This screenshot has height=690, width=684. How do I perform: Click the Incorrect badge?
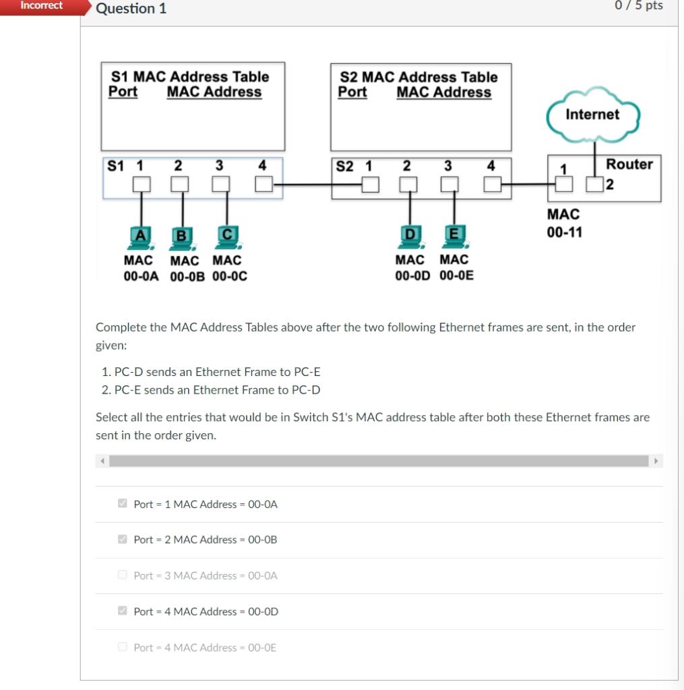click(41, 6)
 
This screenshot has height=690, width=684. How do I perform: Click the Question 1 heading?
click(131, 9)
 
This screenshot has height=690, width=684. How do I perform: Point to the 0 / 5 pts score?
click(639, 6)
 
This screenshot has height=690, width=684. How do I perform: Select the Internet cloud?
click(592, 115)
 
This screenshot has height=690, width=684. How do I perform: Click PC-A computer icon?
click(140, 236)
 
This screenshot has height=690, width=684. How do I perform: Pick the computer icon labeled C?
click(227, 236)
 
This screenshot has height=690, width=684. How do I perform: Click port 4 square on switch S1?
click(263, 183)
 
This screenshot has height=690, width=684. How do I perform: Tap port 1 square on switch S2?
click(369, 184)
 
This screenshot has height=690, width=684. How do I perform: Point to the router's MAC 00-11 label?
click(564, 223)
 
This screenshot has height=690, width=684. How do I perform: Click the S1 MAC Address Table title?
click(189, 77)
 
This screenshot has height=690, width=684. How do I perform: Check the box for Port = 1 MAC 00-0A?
click(123, 504)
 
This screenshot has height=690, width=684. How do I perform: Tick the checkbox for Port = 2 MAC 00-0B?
click(123, 540)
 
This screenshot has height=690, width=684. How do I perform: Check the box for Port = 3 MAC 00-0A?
click(123, 575)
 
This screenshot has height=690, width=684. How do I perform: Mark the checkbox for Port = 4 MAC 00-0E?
click(123, 648)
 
